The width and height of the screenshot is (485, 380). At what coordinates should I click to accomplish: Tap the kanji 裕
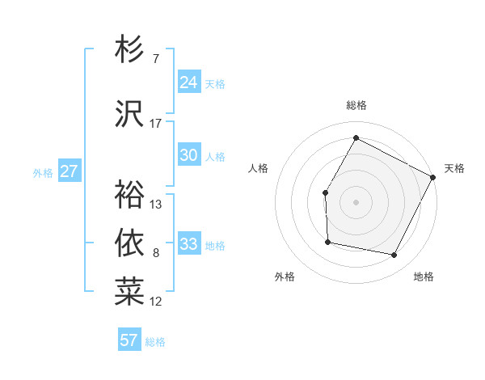point(129,194)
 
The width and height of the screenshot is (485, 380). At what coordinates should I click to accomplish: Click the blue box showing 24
point(189,82)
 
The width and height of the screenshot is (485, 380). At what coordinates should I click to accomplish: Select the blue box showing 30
point(189,156)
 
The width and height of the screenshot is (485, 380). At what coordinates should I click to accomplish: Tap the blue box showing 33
point(189,244)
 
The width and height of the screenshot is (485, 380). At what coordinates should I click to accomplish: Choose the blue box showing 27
point(70,171)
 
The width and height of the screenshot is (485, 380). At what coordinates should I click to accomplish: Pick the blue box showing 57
point(129,340)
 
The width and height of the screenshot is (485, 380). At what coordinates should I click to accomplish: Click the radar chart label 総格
point(356,105)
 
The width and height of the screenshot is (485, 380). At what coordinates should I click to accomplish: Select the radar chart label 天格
point(454,168)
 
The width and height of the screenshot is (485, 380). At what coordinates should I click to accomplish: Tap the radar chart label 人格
point(258,168)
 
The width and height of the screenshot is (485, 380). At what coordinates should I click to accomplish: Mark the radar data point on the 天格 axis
point(433,177)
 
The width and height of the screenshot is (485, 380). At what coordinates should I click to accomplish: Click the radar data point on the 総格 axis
point(356,137)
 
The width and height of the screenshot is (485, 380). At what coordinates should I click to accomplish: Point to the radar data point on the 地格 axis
point(394,255)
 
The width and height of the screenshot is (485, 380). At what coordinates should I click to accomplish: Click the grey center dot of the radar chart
point(356,202)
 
